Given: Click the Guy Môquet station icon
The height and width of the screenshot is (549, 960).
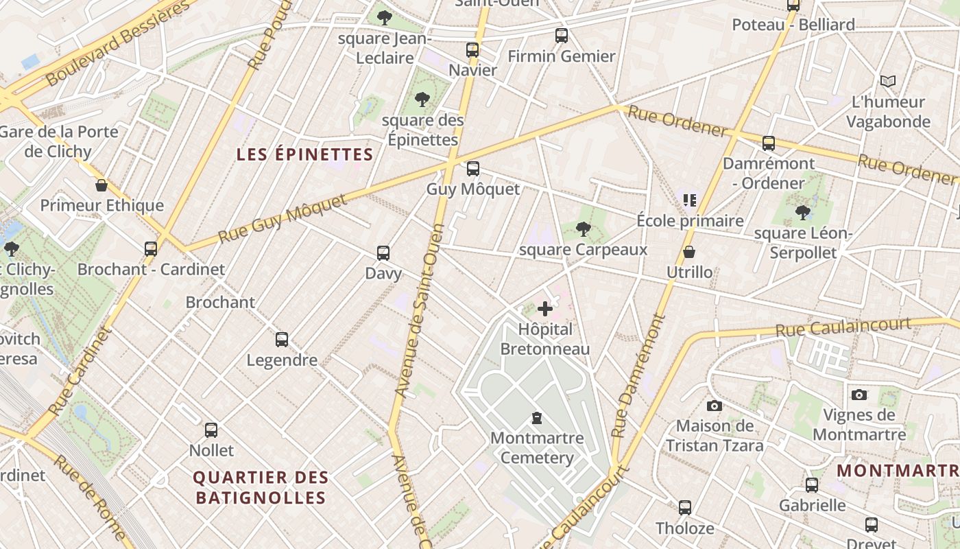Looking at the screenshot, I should click(472, 169).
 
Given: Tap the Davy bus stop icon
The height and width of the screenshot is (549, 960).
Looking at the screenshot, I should click(383, 253).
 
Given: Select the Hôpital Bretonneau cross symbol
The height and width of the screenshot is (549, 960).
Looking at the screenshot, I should click(545, 309).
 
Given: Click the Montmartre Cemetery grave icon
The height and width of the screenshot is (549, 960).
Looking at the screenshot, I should click(537, 417).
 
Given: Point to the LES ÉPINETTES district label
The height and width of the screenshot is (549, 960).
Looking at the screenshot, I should click(304, 154).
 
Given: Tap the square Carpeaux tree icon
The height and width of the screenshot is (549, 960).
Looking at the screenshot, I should click(583, 229).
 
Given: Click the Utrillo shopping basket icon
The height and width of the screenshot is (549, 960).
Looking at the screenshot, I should click(689, 253).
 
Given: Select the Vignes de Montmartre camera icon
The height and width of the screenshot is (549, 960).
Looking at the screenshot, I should click(859, 395).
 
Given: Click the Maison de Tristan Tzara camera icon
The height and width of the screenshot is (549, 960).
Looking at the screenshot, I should click(714, 406).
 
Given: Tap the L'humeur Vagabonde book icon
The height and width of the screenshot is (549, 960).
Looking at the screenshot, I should click(888, 82).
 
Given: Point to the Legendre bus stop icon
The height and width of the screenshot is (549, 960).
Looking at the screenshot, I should click(281, 339).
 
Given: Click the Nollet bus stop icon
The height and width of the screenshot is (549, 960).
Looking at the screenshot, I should click(211, 430).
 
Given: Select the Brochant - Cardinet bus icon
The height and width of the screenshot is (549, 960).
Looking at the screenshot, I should click(151, 248).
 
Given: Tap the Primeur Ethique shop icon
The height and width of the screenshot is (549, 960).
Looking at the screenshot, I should click(101, 185).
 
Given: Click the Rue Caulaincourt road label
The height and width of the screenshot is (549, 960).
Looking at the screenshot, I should click(843, 326).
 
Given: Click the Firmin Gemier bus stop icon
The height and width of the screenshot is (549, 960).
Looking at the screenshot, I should click(561, 36).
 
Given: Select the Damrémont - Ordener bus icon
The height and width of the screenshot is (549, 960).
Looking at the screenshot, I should click(769, 143).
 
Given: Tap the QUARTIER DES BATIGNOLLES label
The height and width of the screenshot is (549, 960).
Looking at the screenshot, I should click(261, 487).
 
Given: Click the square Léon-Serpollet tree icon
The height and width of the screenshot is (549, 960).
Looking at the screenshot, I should click(802, 213).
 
